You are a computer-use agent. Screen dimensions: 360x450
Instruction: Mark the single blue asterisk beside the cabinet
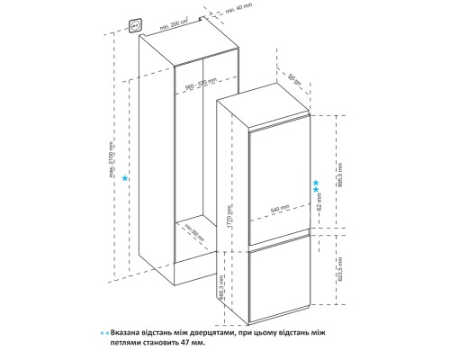point(125,180)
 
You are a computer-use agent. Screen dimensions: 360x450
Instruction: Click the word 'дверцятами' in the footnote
point(214,331)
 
